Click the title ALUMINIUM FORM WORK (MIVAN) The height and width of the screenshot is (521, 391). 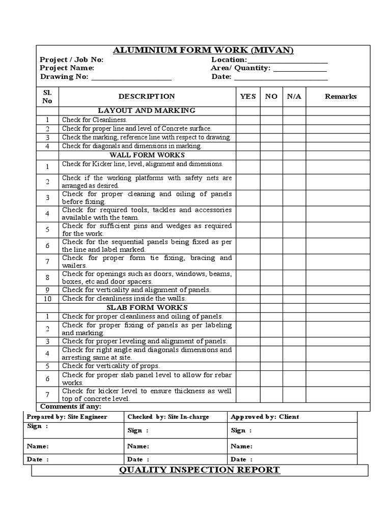203,50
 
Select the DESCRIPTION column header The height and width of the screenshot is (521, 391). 147,96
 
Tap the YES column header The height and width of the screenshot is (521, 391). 247,96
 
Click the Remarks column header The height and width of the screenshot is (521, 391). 341,96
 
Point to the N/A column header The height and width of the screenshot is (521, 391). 294,96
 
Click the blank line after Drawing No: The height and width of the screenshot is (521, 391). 131,77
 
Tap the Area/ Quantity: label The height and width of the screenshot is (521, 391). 240,68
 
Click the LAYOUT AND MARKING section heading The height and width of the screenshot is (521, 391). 147,110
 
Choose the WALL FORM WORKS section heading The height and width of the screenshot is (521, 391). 147,155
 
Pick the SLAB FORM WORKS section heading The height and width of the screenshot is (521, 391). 147,307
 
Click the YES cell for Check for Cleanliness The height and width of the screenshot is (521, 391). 247,120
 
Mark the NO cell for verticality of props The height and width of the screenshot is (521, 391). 271,366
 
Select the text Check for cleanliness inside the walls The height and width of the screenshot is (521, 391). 124,298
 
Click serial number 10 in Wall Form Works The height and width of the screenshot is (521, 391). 47,299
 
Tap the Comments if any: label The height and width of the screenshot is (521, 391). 71,407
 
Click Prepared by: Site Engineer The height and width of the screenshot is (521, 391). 67,417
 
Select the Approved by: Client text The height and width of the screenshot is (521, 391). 265,417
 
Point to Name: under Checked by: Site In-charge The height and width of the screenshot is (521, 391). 138,446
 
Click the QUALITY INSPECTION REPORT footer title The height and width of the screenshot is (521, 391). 200,470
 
